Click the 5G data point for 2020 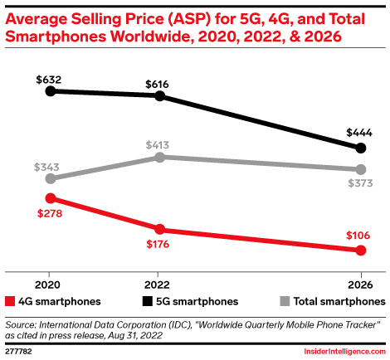coord(50,90)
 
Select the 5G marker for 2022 coord(159,96)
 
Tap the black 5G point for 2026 coord(360,148)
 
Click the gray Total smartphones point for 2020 coord(50,178)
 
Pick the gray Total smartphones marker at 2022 coord(159,157)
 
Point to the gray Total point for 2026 coord(360,169)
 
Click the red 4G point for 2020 coord(50,198)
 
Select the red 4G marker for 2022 coord(159,229)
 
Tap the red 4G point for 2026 coord(360,250)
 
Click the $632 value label coord(50,79)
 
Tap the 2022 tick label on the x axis coord(159,280)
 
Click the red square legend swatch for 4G coord(10,301)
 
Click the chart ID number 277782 coord(20,352)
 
